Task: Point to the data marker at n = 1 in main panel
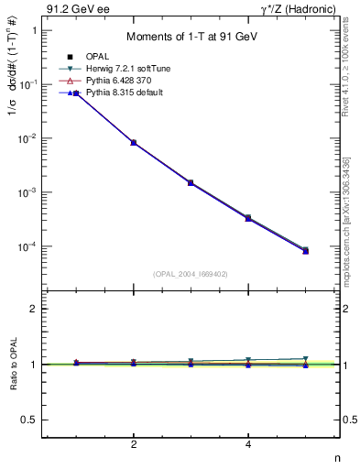tap(77, 93)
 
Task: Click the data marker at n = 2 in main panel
tap(134, 143)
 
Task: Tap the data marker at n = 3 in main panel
tap(191, 182)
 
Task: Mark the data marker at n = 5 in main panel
tap(305, 250)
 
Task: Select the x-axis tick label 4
tap(248, 444)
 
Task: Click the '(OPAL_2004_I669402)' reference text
tap(191, 273)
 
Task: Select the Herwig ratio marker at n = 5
tap(305, 359)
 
